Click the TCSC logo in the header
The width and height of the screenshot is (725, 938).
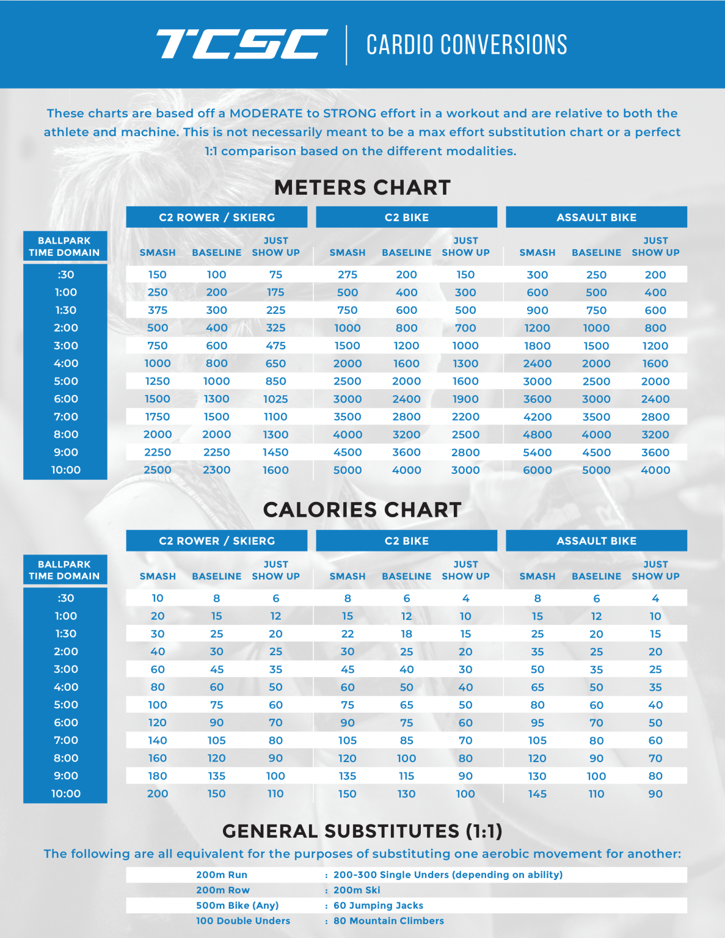point(241,45)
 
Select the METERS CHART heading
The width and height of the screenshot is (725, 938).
point(362,187)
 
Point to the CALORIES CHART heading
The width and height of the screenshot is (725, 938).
point(362,510)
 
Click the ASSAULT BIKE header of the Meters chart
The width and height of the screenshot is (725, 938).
point(596,217)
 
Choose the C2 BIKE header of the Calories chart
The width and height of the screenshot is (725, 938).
point(406,541)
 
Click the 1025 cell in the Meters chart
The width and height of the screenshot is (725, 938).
point(275,399)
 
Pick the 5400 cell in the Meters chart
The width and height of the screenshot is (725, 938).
point(537,453)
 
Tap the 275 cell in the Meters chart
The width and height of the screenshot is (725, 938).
point(347,275)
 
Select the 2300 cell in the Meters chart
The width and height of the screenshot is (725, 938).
point(216,470)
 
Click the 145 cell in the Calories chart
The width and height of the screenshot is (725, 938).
point(537,794)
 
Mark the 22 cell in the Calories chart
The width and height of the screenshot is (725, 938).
point(347,634)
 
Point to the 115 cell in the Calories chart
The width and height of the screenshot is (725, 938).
point(406,776)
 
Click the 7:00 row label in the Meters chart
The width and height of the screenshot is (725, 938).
point(66,416)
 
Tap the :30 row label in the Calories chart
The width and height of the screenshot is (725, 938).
point(66,598)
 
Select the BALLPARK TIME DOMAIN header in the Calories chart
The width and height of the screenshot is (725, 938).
point(64,570)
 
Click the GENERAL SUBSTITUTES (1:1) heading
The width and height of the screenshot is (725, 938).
point(362,831)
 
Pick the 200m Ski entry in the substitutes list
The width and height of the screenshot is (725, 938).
point(357,890)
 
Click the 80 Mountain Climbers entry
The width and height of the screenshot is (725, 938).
point(388,921)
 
